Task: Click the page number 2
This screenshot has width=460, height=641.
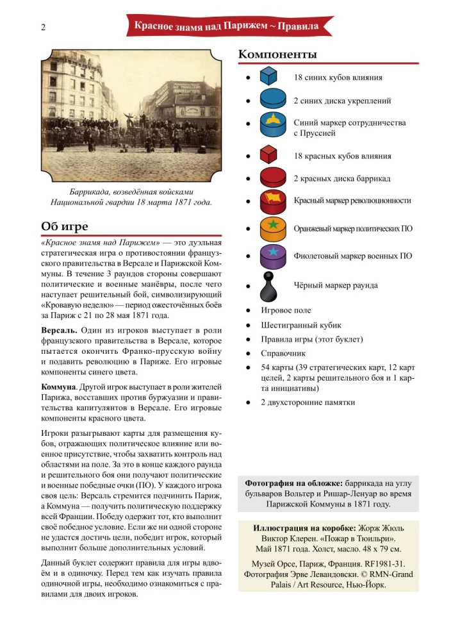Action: click(43, 27)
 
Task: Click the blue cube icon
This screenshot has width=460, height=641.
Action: click(268, 77)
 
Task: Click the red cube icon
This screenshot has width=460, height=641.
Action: click(268, 155)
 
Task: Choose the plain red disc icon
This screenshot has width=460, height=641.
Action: click(272, 178)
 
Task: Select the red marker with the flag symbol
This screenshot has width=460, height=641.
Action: click(272, 201)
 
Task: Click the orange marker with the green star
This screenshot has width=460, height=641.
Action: click(272, 228)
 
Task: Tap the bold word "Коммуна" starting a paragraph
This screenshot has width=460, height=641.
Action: click(58, 387)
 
